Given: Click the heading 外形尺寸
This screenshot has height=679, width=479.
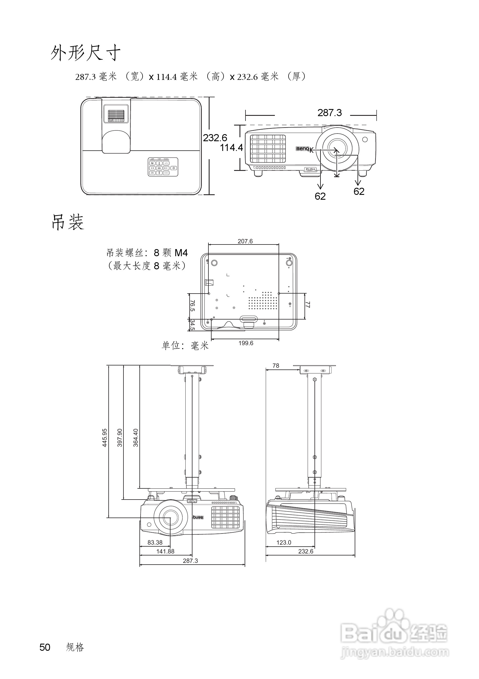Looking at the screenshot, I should click(x=86, y=53).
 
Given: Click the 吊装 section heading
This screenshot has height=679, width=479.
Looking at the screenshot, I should click(x=68, y=223).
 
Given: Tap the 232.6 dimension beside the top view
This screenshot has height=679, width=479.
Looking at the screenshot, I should click(x=215, y=138).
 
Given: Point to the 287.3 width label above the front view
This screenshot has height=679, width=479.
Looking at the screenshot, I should click(x=329, y=113).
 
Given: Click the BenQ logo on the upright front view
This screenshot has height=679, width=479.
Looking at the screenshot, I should click(x=303, y=149).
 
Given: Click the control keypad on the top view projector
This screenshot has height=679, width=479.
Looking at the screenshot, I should click(x=163, y=167).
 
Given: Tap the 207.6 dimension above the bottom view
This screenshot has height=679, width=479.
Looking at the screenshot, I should click(x=245, y=241).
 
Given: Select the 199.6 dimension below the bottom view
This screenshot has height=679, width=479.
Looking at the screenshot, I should click(x=245, y=343).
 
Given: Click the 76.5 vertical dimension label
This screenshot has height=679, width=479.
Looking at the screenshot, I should click(x=192, y=306).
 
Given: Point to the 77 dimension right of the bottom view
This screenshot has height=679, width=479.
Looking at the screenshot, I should click(x=307, y=305).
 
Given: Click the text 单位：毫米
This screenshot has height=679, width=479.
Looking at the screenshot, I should click(x=185, y=345).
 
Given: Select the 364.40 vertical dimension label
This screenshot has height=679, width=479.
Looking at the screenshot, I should click(x=136, y=438).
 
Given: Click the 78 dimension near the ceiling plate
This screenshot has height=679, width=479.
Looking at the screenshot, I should click(x=275, y=366).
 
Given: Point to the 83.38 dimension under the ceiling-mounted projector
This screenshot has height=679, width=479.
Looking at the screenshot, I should click(x=155, y=542).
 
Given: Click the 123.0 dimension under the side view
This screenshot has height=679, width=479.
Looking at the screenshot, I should click(x=283, y=542).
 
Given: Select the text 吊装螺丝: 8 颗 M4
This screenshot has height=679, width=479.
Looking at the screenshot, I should click(x=147, y=253).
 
